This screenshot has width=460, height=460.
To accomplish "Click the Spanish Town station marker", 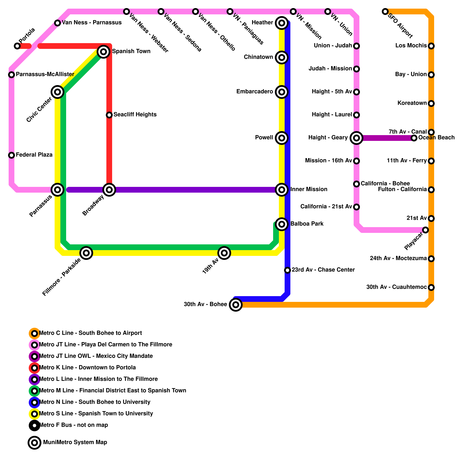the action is tap(103, 52).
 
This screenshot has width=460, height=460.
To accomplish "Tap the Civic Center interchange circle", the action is tap(57, 92).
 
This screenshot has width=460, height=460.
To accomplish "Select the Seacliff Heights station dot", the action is tap(109, 115).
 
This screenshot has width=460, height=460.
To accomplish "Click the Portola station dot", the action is tap(17, 46).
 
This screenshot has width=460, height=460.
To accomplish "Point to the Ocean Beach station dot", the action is tap(414, 138).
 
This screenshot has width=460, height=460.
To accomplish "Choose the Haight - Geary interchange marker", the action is tap(356, 138).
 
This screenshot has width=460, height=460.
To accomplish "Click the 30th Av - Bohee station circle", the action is tap(236, 305).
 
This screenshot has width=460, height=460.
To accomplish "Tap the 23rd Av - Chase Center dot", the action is tap(287, 270).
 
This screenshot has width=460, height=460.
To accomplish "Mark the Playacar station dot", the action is tap(425, 230).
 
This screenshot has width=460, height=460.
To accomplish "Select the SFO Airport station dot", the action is tap(385, 11).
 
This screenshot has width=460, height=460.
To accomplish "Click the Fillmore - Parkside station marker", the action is tap(86, 253).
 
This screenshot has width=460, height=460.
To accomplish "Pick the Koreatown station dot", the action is tap(431, 103).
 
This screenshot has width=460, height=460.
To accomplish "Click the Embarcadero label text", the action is tap(254, 92).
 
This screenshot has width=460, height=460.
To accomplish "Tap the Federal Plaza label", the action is tap(34, 155).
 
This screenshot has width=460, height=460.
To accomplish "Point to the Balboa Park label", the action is tap(307, 224).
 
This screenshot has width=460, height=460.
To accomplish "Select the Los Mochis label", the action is tap(411, 46).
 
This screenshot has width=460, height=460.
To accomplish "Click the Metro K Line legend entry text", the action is tap(87, 368).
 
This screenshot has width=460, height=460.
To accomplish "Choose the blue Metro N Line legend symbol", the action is tap(34, 402).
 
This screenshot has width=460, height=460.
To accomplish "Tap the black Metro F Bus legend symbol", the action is tap(34, 425).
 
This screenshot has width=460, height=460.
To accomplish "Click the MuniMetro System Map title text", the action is tap(75, 442).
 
